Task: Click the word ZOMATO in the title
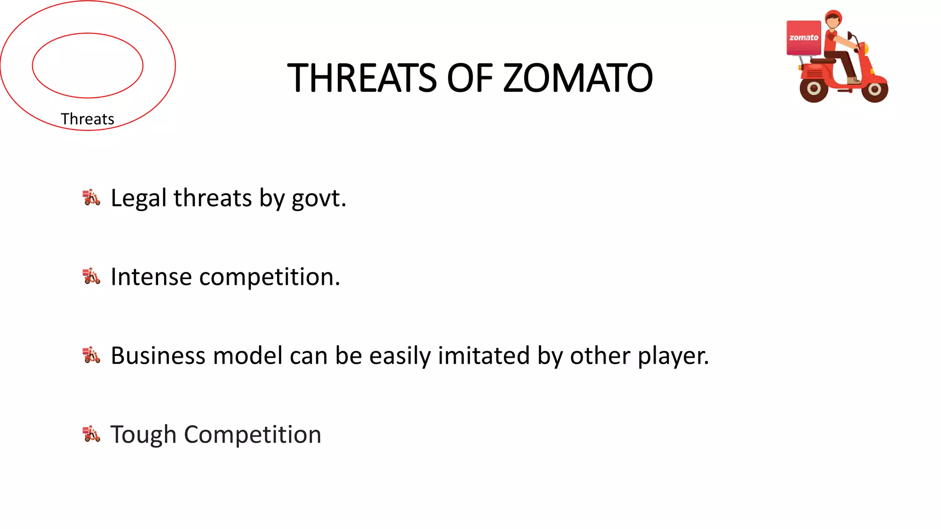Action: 578,78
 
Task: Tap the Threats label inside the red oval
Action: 87,119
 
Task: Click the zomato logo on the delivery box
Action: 804,38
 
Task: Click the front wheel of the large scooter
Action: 874,89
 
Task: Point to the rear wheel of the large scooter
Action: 814,89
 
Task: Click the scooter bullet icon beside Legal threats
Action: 91,197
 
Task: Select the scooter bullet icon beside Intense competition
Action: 91,276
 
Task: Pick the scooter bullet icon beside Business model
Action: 91,355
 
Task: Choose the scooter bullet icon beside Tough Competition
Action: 91,434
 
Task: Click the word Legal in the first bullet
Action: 138,198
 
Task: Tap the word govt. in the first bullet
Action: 319,198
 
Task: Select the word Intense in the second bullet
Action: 151,277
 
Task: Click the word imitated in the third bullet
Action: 484,356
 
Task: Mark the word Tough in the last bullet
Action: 143,435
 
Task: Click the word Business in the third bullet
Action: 158,356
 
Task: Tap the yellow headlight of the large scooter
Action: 864,49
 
